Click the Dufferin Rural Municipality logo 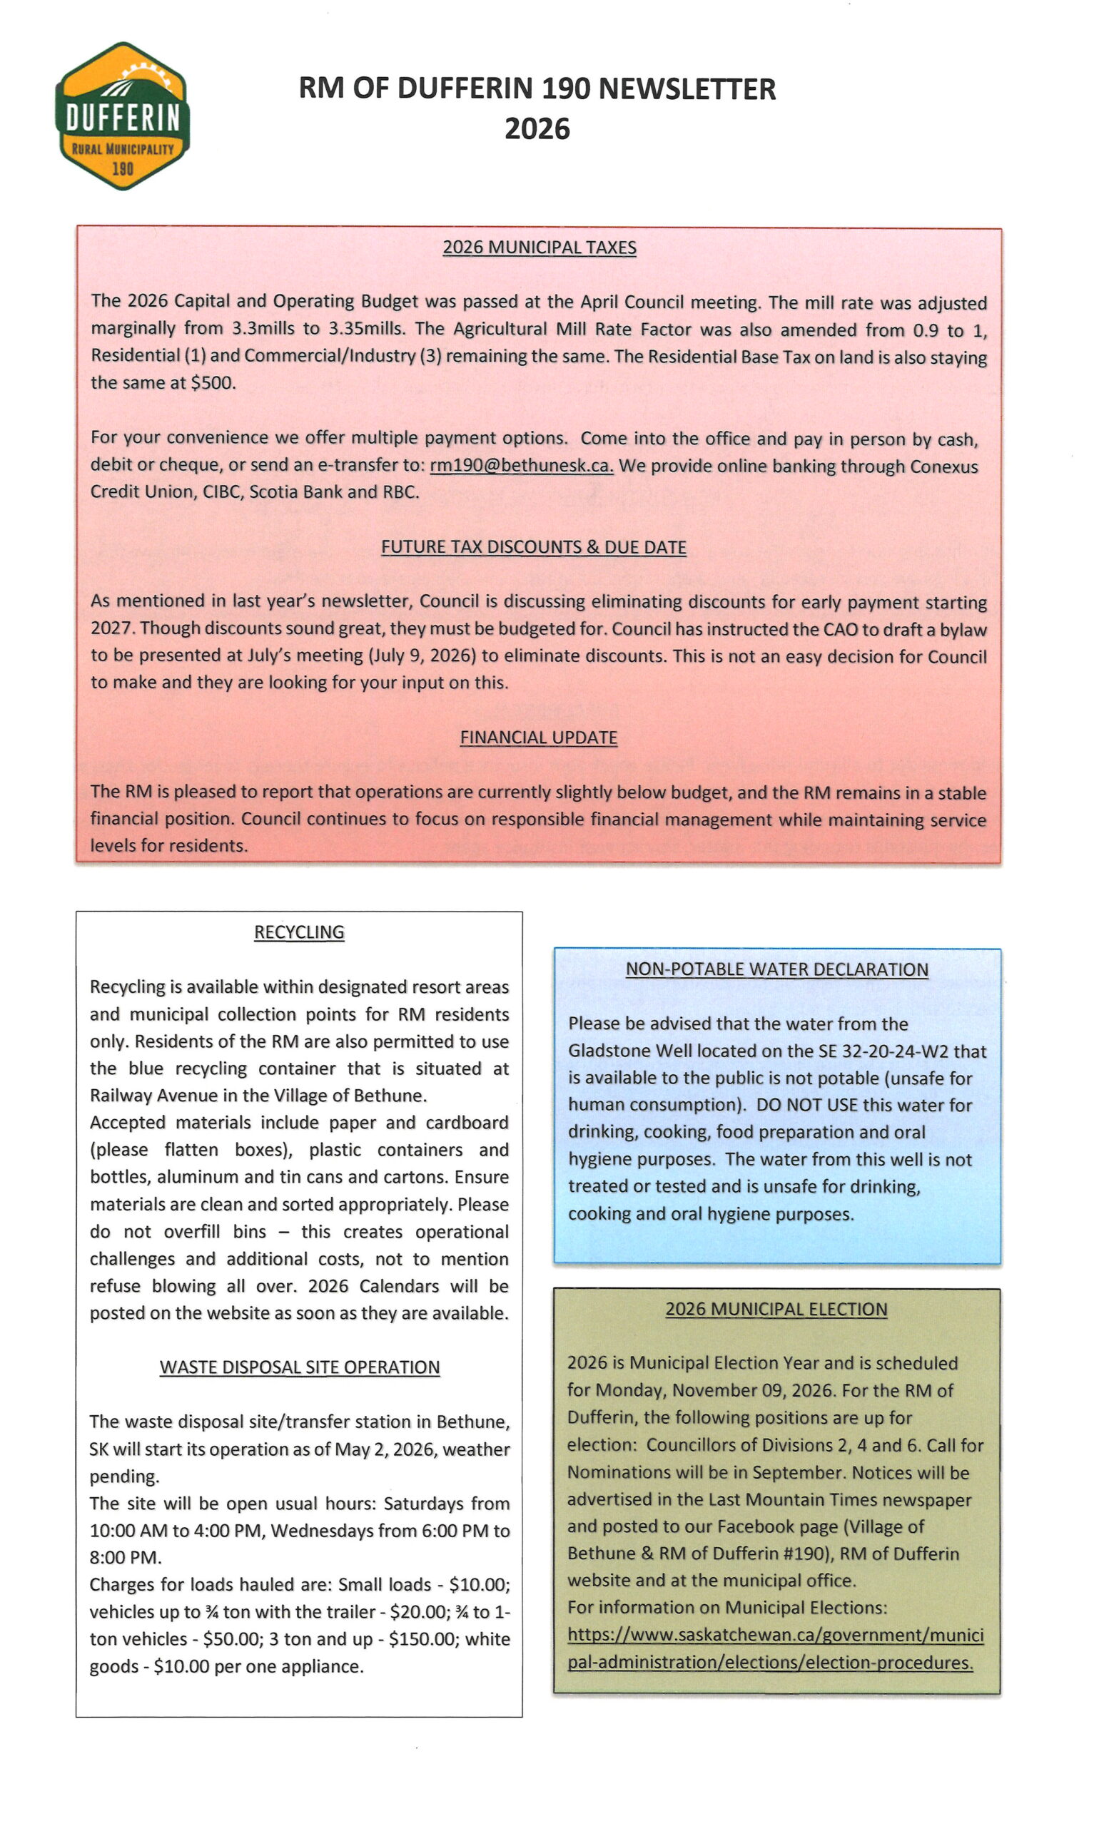(122, 116)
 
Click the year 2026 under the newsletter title (537, 129)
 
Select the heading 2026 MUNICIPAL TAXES (539, 248)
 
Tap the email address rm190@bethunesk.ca (521, 465)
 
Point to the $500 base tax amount (212, 383)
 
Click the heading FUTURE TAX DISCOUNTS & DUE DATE (533, 547)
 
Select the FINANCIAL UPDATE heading (538, 738)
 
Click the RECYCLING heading (299, 932)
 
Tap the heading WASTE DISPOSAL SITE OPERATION (300, 1367)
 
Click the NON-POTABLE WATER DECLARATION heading (776, 969)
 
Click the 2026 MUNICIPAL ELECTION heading (776, 1310)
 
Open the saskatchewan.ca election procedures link (775, 1648)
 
